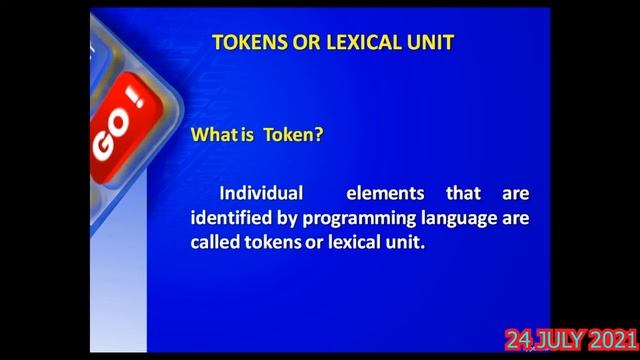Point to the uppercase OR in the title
click(x=304, y=42)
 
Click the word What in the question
click(x=209, y=136)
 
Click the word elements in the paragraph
click(x=385, y=192)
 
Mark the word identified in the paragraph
click(x=229, y=217)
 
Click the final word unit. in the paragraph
click(x=409, y=242)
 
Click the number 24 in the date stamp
click(x=518, y=341)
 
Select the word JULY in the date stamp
click(x=559, y=341)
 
